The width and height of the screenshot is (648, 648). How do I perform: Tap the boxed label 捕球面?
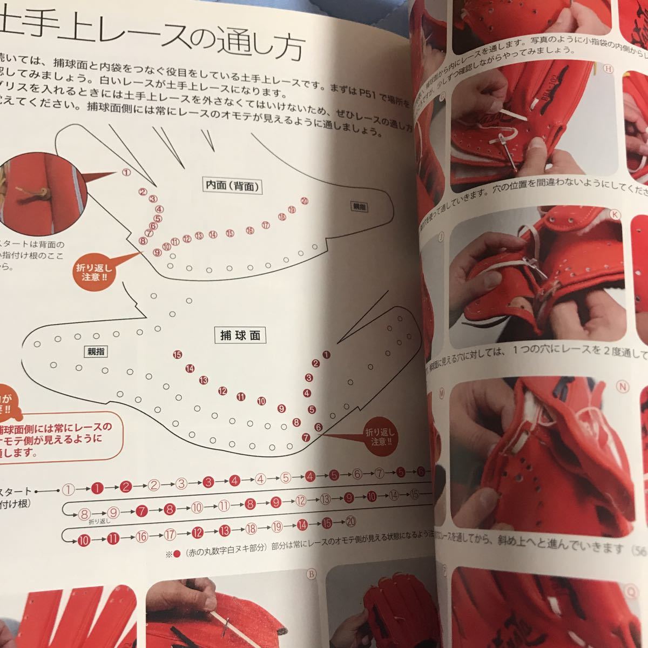(x=240, y=335)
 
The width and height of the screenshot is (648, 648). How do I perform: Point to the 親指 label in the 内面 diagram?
(x=359, y=205)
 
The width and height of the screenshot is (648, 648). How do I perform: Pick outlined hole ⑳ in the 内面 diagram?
(x=305, y=201)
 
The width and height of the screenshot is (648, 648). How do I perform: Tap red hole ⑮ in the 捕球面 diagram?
(x=178, y=355)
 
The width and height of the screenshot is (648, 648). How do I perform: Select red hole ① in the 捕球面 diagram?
(x=325, y=355)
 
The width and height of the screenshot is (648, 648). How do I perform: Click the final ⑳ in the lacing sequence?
(x=351, y=522)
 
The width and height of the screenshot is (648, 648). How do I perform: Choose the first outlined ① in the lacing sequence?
(x=68, y=489)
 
